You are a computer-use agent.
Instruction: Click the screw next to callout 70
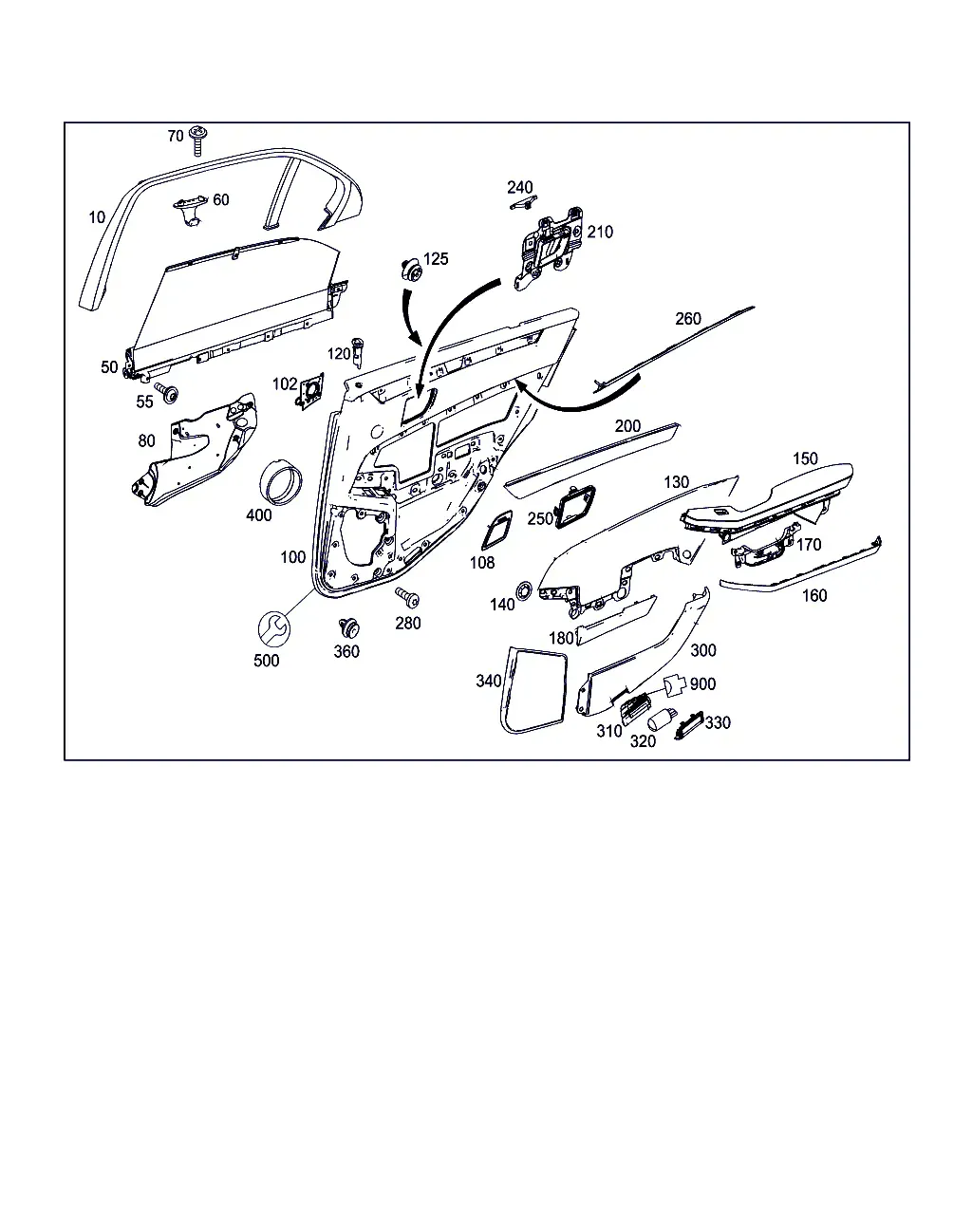[x=197, y=140]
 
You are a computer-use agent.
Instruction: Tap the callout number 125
[x=436, y=258]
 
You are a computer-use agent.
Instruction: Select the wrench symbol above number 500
[x=274, y=629]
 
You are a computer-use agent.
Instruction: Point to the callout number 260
[x=688, y=318]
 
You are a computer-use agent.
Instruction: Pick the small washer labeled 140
[x=524, y=590]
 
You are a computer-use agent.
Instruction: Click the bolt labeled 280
[x=408, y=597]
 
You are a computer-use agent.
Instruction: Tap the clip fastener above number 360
[x=348, y=627]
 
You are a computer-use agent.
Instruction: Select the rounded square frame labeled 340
[x=533, y=689]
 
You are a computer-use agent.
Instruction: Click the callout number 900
[x=702, y=683]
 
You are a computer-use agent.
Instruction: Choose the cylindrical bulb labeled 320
[x=662, y=720]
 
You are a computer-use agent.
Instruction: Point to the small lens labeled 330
[x=689, y=725]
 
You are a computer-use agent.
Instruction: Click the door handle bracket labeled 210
[x=549, y=249]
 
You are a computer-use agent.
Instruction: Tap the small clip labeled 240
[x=524, y=203]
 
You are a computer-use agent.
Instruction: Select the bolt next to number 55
[x=166, y=391]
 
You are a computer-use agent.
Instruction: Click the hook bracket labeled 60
[x=190, y=210]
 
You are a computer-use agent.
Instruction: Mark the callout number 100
[x=292, y=557]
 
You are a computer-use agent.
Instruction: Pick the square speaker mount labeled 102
[x=310, y=391]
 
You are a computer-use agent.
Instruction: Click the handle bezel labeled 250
[x=575, y=507]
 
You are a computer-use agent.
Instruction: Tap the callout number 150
[x=805, y=458]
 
